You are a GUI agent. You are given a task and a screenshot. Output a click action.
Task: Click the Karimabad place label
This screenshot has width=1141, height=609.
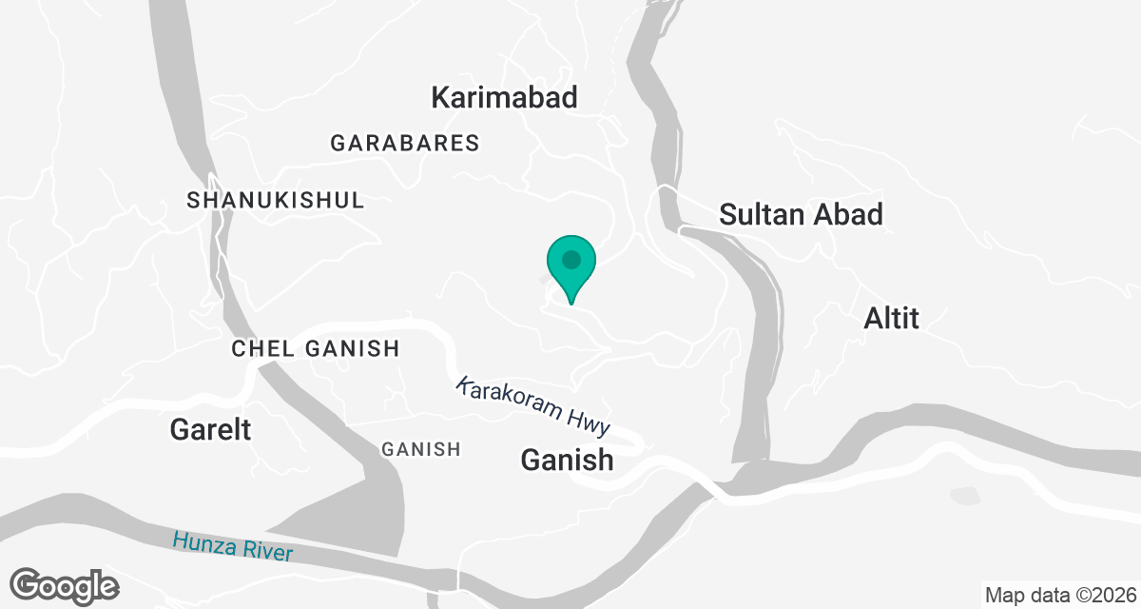[504, 97]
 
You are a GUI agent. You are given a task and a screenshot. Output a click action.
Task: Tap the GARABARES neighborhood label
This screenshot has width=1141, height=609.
[405, 144]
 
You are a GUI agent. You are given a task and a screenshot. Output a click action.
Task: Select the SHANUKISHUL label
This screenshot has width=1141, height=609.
[276, 201]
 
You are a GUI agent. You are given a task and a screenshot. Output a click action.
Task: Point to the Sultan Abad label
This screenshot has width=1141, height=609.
[801, 214]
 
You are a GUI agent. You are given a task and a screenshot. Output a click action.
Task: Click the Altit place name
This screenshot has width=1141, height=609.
[891, 318]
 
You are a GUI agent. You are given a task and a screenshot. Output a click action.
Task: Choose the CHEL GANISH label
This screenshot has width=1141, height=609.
[316, 349]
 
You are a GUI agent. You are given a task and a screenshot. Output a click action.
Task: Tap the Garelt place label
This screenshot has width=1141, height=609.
[210, 430]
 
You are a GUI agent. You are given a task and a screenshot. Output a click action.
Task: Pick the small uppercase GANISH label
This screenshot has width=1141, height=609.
[420, 449]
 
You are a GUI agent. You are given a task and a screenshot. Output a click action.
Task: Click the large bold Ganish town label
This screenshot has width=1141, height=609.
[567, 461]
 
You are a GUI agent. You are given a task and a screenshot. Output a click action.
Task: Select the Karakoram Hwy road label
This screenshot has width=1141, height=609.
[532, 406]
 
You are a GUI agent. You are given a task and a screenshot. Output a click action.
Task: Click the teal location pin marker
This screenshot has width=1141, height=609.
[570, 267]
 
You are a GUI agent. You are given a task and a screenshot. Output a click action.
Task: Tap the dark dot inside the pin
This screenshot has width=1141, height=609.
[570, 258]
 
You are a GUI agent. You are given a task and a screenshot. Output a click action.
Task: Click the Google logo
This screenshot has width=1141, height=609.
[64, 585]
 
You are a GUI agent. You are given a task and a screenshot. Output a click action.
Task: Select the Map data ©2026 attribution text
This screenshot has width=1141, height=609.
[1059, 596]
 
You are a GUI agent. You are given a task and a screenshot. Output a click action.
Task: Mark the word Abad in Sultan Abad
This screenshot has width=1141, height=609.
[848, 214]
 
